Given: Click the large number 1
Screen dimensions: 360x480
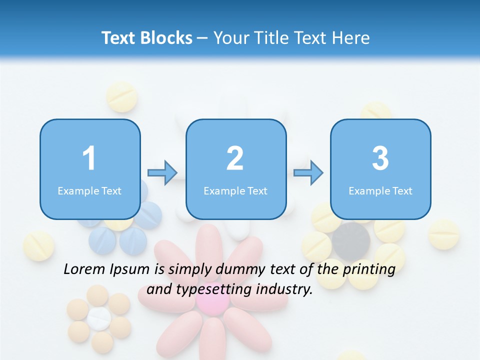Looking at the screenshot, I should tap(89, 158).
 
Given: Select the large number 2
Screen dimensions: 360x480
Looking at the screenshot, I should tap(235, 158).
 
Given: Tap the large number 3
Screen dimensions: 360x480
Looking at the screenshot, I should tap(380, 158).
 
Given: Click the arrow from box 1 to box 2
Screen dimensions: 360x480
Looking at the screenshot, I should tap(163, 173).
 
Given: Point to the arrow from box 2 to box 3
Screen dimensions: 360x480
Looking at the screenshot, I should tap(308, 173).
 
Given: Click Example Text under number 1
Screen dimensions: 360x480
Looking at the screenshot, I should tap(89, 190).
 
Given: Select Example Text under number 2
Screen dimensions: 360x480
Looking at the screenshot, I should tap(235, 190).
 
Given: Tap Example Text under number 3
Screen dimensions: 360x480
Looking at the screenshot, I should tap(380, 190).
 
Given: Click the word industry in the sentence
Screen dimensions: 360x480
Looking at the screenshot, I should tap(284, 289).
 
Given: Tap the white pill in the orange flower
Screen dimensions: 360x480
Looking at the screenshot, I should tap(98, 318).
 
